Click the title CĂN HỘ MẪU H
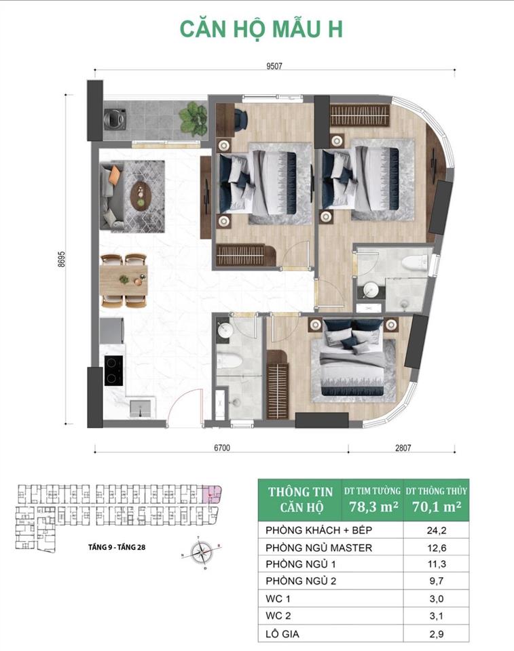click(x=261, y=29)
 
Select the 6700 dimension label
click(x=221, y=448)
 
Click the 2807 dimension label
click(x=402, y=448)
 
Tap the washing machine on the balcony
click(x=113, y=119)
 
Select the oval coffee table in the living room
click(x=141, y=194)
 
